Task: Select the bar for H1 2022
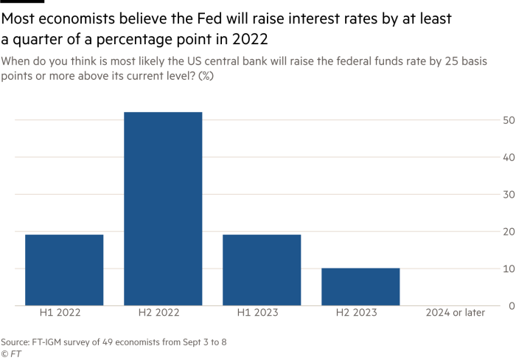64,270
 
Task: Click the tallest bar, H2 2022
163,208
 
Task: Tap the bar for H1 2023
262,270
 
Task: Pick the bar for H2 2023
360,286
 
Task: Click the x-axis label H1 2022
60,313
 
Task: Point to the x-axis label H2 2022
158,313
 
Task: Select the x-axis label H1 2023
257,313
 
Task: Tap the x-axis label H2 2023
356,313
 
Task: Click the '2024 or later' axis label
455,313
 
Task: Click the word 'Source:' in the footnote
15,342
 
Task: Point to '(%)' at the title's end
206,77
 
